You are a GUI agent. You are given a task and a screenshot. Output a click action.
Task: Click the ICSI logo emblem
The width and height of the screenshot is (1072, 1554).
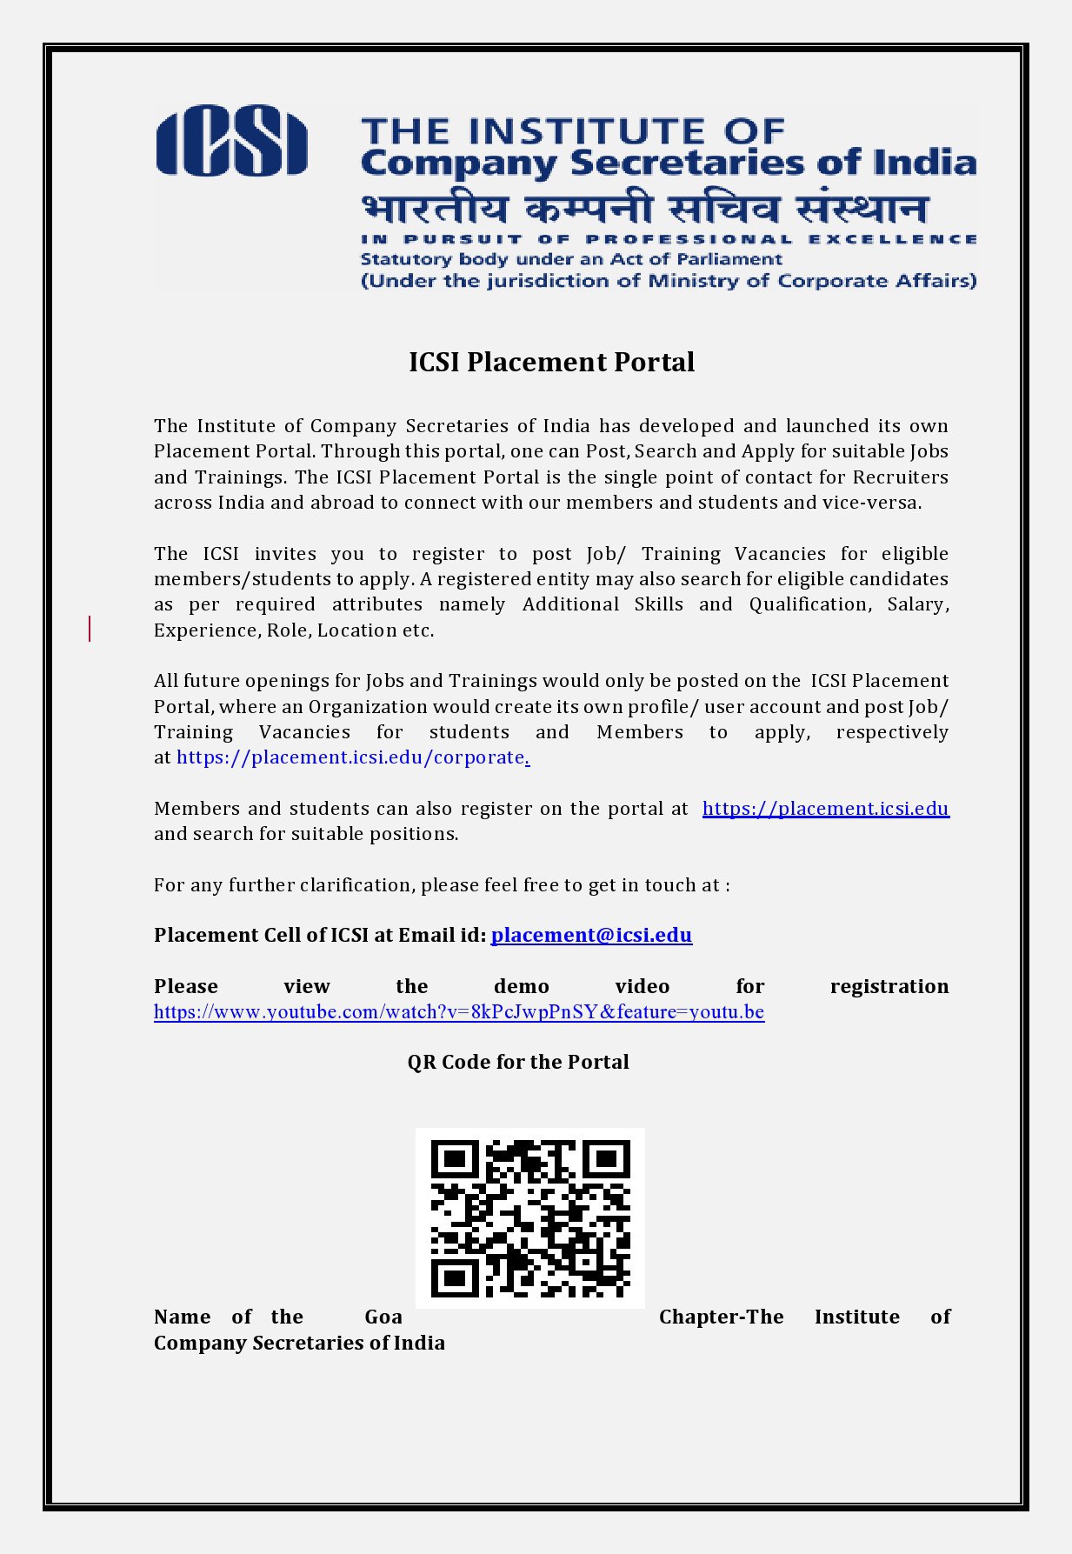231,141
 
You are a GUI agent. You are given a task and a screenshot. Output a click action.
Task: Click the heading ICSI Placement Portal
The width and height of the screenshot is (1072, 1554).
551,362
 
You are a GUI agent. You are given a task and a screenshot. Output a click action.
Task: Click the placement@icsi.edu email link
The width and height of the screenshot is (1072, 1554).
591,935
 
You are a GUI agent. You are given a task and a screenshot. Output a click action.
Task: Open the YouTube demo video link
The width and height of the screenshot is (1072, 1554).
459,1012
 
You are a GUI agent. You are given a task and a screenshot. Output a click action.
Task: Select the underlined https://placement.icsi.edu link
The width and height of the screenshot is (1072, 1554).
825,809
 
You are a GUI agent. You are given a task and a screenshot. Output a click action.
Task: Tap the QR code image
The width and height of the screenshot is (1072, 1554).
529,1217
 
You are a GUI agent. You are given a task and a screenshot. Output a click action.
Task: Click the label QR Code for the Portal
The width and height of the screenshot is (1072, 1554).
518,1062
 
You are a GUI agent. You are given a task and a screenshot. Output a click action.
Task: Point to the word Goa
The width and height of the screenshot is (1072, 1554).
383,1317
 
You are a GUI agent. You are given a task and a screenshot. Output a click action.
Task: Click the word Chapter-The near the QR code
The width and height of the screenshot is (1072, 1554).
721,1317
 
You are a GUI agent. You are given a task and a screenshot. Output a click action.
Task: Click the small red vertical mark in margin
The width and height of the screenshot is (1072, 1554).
90,628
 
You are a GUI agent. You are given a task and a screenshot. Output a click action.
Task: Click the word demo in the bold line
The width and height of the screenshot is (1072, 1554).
521,986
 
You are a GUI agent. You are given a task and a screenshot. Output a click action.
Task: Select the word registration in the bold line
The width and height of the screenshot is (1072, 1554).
889,986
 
